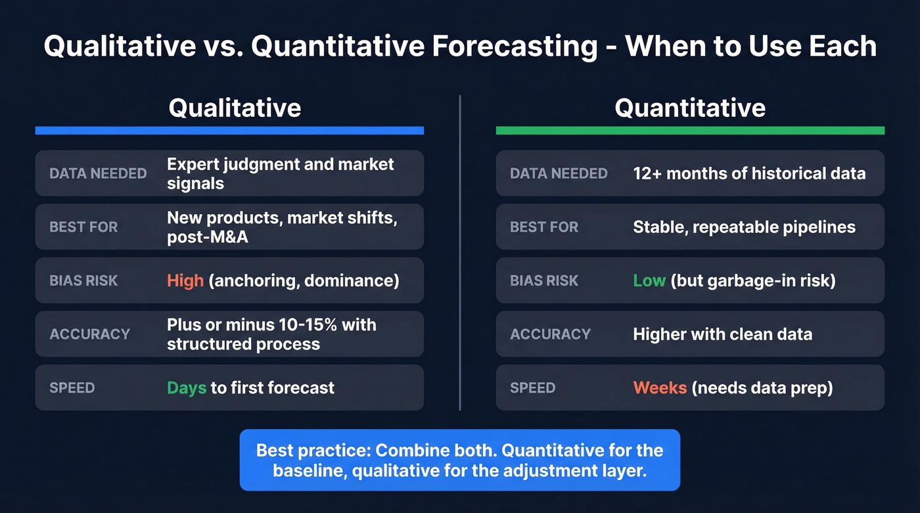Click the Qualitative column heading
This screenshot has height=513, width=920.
(235, 108)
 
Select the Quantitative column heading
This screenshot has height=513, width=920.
(690, 108)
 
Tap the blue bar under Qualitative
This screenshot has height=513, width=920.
(229, 131)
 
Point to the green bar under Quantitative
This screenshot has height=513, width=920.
(690, 131)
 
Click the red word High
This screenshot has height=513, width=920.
(185, 280)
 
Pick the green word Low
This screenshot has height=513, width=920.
(649, 280)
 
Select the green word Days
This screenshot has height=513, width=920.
(186, 388)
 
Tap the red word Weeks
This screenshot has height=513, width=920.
(660, 388)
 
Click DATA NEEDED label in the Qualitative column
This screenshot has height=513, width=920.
(98, 173)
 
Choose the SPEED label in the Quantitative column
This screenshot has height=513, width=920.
(532, 388)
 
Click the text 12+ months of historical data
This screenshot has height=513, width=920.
(749, 173)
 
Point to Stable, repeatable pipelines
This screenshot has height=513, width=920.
(744, 227)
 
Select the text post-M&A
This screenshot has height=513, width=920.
(208, 237)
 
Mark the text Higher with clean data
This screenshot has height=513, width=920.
(722, 334)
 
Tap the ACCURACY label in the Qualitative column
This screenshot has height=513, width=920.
(89, 334)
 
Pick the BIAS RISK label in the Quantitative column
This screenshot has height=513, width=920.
(544, 280)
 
